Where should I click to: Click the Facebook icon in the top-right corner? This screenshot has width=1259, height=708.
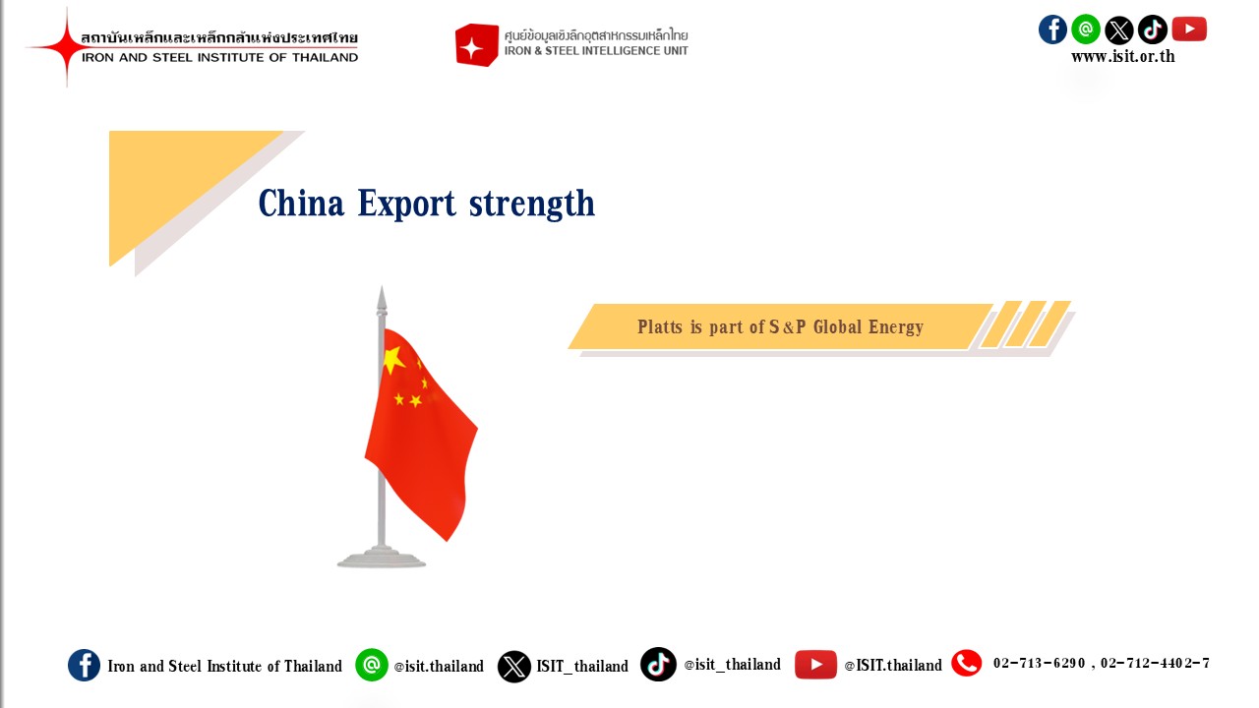point(1052,29)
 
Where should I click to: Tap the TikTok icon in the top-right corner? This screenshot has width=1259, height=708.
point(1152,29)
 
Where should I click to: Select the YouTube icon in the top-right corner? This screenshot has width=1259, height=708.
point(1189,29)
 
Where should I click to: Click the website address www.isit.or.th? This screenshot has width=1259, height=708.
point(1122,56)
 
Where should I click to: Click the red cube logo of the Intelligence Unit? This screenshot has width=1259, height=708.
point(477,45)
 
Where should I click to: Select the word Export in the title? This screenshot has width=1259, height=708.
point(406,204)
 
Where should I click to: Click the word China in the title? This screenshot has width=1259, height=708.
point(301,203)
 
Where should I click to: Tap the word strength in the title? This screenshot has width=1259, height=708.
point(532,204)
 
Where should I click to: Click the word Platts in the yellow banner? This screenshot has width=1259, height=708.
point(660,326)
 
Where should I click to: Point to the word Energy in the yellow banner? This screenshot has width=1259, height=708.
point(896,327)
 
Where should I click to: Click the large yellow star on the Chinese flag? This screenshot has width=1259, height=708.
point(393,360)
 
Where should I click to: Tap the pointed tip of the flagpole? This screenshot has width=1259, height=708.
point(382,286)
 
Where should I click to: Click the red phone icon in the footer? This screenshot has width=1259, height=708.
point(966,663)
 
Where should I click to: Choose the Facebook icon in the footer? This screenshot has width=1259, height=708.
point(84,666)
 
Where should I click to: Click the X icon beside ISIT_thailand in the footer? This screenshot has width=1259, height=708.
point(513,667)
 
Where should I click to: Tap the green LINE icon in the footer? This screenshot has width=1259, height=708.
point(372,665)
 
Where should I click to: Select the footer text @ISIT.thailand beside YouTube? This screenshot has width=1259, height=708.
point(893,666)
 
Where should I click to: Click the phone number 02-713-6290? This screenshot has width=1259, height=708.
point(1040,663)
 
